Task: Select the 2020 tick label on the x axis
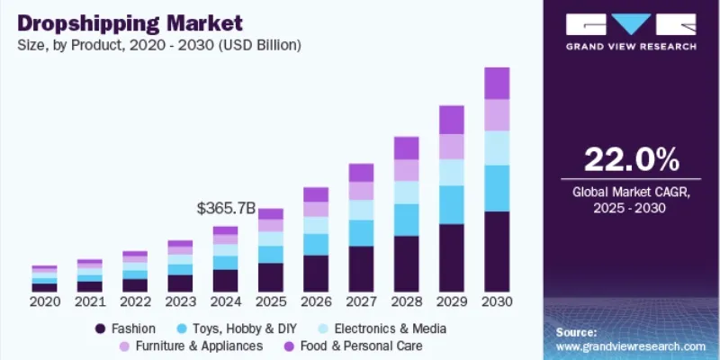pyautogui.click(x=45, y=301)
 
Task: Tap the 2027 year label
pyautogui.click(x=361, y=301)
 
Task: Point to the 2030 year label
pyautogui.click(x=497, y=301)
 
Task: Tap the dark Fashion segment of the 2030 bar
pyautogui.click(x=497, y=251)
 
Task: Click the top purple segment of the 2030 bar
pyautogui.click(x=497, y=83)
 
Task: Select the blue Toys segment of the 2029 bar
pyautogui.click(x=452, y=204)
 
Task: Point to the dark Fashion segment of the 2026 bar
pyautogui.click(x=316, y=273)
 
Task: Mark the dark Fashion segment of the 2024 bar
pyautogui.click(x=226, y=280)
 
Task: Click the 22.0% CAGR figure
pyautogui.click(x=632, y=159)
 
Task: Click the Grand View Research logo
pyautogui.click(x=630, y=32)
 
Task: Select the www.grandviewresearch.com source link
pyautogui.click(x=630, y=346)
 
